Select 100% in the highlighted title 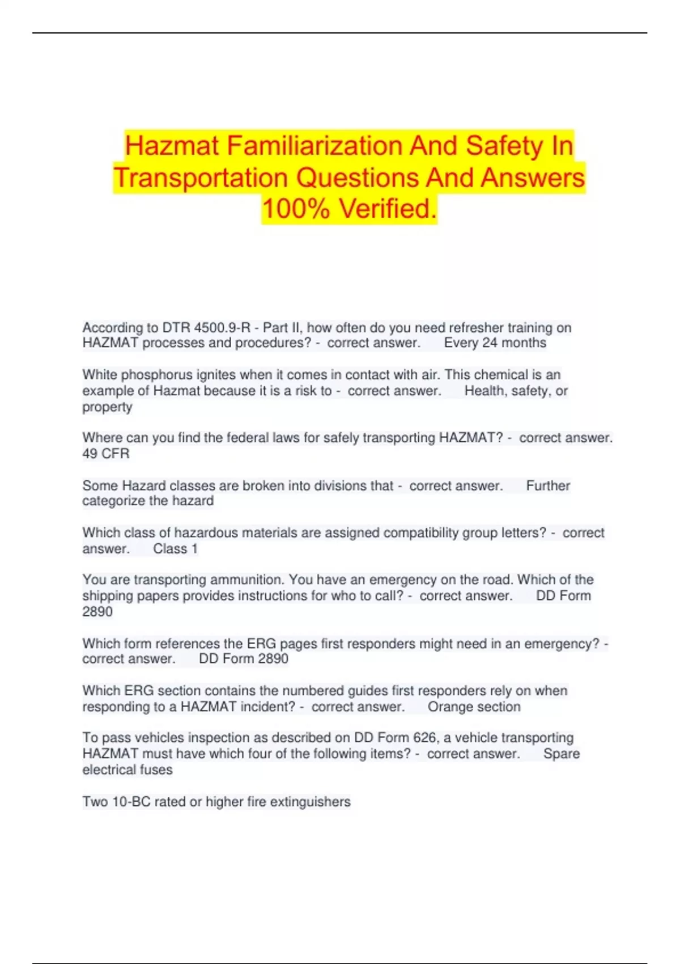click(295, 209)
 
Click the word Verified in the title click(388, 209)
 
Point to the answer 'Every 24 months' click(495, 343)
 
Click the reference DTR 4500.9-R click(206, 328)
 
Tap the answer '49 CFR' click(106, 454)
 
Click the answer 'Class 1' click(175, 549)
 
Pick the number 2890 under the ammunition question click(97, 612)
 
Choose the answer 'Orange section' click(474, 707)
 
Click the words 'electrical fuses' click(127, 770)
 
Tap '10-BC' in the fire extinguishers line click(131, 802)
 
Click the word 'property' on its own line click(107, 407)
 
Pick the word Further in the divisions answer click(548, 486)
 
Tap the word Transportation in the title click(201, 177)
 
